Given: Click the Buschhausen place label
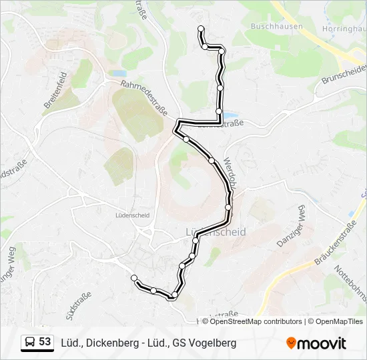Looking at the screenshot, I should click(x=276, y=27).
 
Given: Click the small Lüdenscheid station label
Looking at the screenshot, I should click(x=131, y=215).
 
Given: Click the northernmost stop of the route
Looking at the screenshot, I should click(x=201, y=29).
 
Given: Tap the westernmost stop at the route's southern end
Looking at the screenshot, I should click(x=134, y=277).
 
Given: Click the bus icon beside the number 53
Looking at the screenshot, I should click(x=31, y=343).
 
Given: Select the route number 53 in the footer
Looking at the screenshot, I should click(x=45, y=342).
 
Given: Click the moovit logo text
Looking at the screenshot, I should click(x=322, y=343).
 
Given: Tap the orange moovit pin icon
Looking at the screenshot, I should click(x=291, y=343).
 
